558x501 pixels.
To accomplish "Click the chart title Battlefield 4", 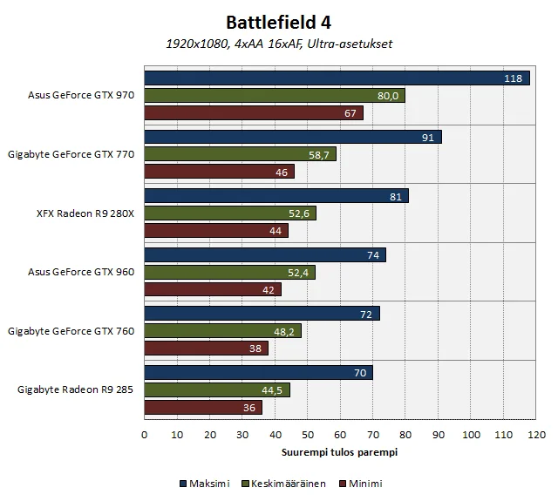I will tap(278, 22).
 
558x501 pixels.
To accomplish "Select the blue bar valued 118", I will tap(337, 78).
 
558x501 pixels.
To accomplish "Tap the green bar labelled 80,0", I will tap(275, 96).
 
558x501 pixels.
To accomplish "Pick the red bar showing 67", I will tap(253, 112).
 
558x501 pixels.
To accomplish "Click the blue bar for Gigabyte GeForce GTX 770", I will tap(293, 137).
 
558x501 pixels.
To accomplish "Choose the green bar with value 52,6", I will tap(229, 213).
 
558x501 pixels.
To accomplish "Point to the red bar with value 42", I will tap(212, 289).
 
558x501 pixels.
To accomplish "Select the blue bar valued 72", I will tap(262, 314).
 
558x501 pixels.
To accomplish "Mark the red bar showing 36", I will tap(202, 407).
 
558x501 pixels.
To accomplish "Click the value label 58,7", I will tap(320, 154).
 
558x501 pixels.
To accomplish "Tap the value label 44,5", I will tap(274, 390).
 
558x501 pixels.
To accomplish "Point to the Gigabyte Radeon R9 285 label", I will tap(75, 389).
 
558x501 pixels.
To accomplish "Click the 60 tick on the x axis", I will tap(340, 434).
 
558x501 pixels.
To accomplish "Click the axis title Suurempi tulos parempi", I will tap(340, 452).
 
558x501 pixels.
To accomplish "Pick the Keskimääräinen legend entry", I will tap(287, 484).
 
